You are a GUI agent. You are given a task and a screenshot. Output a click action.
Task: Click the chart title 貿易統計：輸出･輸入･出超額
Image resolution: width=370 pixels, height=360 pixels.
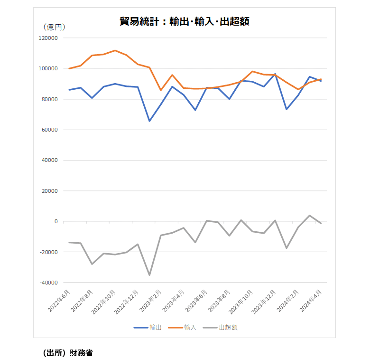click(x=185, y=21)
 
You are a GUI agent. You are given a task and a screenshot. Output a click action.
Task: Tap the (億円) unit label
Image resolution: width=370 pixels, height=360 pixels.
click(x=54, y=27)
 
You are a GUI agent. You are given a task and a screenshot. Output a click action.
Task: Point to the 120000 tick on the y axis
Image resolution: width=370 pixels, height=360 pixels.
click(x=48, y=38)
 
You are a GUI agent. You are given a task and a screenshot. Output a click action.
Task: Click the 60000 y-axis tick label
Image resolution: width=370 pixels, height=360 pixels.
click(x=50, y=130)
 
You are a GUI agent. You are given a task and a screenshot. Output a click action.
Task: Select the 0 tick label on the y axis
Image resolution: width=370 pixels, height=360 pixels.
click(x=56, y=221)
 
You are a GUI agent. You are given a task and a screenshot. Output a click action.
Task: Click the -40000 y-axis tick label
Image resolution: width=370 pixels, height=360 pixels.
click(x=49, y=283)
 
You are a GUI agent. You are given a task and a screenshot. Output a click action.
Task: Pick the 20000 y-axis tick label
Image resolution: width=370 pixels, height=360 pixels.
click(x=50, y=191)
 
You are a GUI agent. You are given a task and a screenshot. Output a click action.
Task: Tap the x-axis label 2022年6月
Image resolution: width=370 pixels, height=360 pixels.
click(x=59, y=301)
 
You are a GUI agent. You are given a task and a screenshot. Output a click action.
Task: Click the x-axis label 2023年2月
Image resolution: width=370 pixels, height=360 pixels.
click(x=150, y=301)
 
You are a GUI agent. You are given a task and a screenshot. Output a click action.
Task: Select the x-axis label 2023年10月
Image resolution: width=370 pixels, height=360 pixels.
click(x=240, y=302)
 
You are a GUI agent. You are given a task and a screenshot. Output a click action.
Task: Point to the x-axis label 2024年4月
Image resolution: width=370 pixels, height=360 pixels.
click(x=311, y=301)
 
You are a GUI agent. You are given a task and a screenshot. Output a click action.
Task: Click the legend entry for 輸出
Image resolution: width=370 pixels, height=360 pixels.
click(x=148, y=327)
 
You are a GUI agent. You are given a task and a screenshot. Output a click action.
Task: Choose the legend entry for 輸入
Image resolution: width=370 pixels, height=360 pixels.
click(x=182, y=327)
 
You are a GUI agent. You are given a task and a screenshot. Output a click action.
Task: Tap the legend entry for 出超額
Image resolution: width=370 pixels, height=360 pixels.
click(x=220, y=327)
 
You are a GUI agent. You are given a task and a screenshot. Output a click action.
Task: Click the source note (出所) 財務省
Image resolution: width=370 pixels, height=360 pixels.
click(x=68, y=353)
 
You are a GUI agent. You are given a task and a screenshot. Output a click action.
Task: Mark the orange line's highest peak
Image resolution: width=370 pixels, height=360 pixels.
click(x=115, y=50)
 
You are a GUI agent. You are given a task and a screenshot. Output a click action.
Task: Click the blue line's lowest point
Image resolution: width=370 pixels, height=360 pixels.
click(x=149, y=121)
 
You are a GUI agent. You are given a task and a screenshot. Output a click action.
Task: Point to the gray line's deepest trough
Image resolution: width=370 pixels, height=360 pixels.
click(x=149, y=275)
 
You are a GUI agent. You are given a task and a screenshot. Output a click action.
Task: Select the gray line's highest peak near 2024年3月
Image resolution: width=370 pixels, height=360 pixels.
click(x=310, y=216)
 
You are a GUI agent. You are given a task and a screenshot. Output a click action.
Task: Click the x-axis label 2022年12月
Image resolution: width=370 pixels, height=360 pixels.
click(x=126, y=302)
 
